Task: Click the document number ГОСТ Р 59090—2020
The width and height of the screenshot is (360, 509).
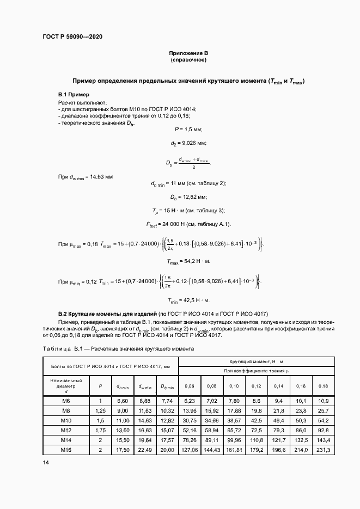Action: tap(72, 37)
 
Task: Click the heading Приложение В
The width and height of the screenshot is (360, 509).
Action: tap(188, 53)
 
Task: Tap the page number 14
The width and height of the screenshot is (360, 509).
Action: tap(46, 462)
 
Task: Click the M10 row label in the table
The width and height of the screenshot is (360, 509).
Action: tap(66, 421)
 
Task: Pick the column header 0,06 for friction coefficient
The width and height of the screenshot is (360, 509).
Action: tap(190, 386)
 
